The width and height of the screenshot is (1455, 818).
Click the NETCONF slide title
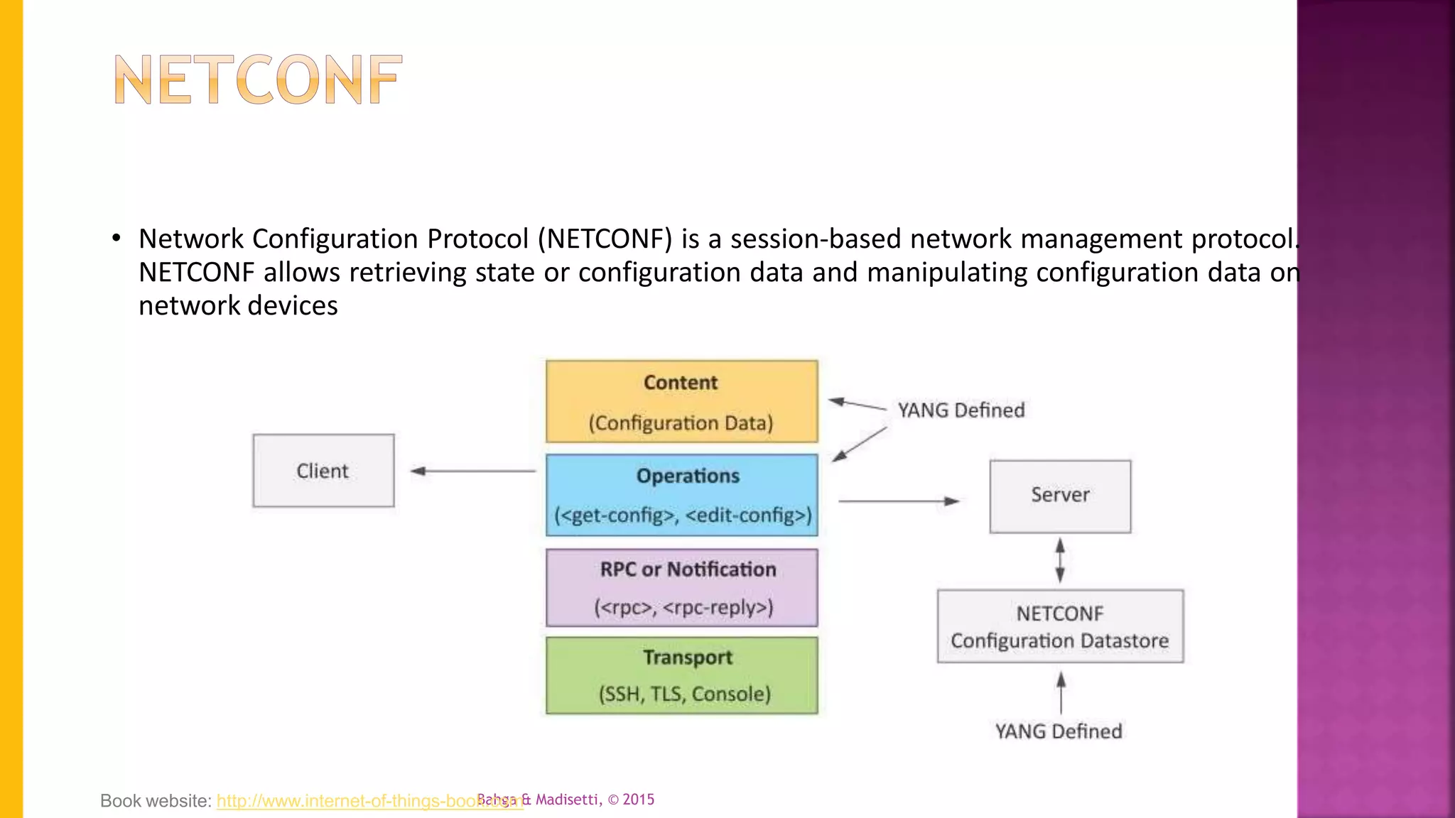coord(258,80)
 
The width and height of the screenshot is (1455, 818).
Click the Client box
coord(323,471)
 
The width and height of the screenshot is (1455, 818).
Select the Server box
coord(1060,496)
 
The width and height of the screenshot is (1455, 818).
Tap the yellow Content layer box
coord(681,402)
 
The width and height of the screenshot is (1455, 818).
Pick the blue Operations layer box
coord(681,495)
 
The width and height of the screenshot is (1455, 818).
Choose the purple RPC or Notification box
coord(681,587)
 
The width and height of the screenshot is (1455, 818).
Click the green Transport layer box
coord(681,675)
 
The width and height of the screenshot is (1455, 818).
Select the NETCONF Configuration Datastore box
coord(1060,626)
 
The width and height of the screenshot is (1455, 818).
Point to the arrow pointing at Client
coord(472,471)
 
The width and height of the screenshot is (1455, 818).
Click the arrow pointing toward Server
coord(899,501)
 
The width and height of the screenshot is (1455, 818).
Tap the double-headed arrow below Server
coord(1060,560)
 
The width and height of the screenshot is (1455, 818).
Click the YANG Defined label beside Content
coord(961,410)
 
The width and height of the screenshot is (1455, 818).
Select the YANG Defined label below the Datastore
coord(1058,731)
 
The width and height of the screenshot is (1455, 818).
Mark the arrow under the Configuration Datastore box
coord(1061,692)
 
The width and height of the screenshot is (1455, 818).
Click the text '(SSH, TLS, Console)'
coord(684,694)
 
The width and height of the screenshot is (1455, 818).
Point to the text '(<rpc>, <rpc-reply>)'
coord(683,608)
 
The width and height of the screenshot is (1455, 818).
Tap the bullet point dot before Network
coord(117,238)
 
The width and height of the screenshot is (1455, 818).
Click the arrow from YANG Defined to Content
coord(858,405)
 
